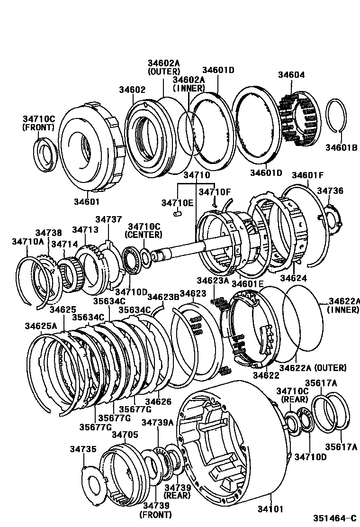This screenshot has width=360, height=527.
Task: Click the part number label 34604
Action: [291, 75]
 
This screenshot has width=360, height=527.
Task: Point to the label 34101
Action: [270, 509]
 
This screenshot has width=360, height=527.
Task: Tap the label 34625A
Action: [41, 326]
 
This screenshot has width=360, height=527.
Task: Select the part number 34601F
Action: [307, 175]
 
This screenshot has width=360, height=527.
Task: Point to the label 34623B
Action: [163, 297]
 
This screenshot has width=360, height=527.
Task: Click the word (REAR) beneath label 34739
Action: [177, 495]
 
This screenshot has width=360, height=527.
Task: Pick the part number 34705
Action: [125, 434]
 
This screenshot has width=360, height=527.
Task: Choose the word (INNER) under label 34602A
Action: [189, 88]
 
